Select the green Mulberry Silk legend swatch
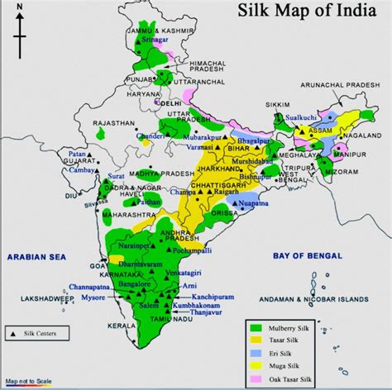coord(257,329)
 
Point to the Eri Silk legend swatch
coord(257,354)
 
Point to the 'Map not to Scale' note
coord(28,382)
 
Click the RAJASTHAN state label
coord(113,122)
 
